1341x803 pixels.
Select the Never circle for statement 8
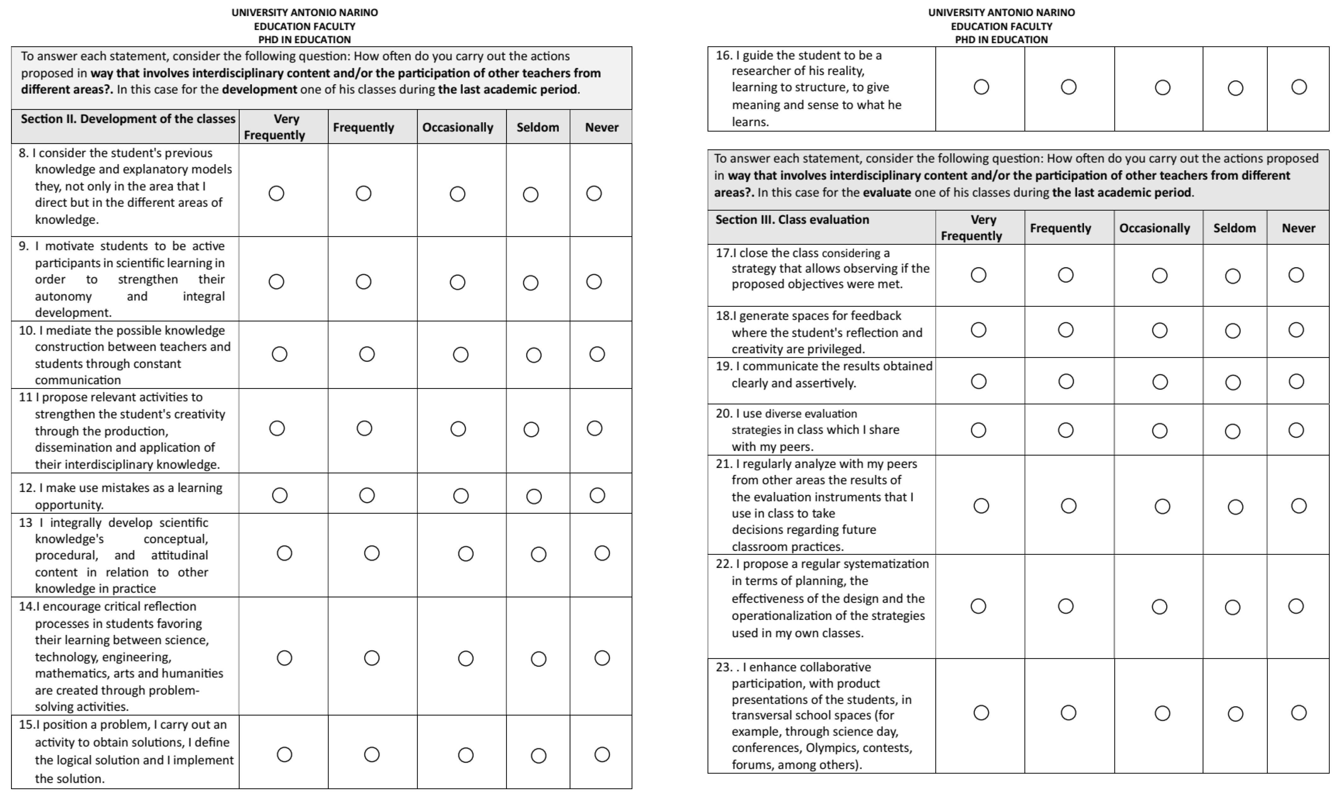click(594, 193)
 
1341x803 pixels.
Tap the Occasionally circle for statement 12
click(461, 496)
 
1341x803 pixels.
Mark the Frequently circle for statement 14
click(372, 658)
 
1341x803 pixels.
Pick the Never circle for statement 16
click(1299, 87)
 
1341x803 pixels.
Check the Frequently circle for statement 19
click(1065, 381)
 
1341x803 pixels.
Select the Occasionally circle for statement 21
click(1162, 506)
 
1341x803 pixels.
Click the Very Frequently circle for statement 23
click(981, 713)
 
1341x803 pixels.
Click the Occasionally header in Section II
click(458, 127)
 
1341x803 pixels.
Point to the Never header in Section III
click(1298, 228)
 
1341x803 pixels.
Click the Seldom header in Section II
click(537, 127)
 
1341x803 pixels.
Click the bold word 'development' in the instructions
click(259, 89)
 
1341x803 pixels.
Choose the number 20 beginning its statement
click(723, 414)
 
